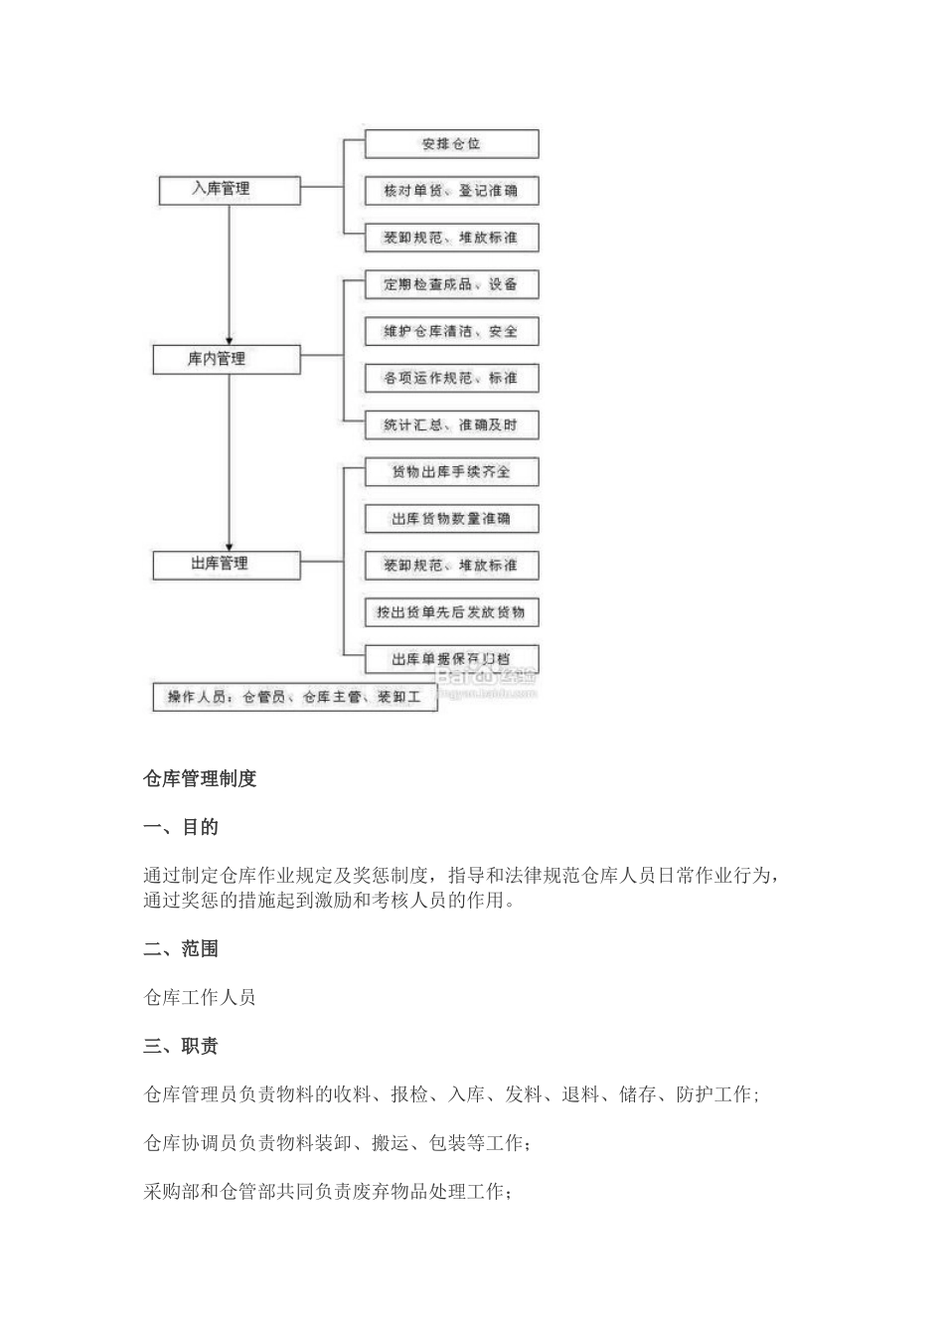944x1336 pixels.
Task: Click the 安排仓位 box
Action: point(451,143)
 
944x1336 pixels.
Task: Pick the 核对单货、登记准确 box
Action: point(451,190)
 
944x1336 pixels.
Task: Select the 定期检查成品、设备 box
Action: point(451,284)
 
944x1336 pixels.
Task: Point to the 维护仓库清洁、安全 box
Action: point(451,331)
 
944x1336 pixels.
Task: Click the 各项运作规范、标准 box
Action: point(451,378)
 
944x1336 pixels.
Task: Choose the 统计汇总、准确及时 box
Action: point(451,424)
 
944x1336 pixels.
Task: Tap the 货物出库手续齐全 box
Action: point(451,471)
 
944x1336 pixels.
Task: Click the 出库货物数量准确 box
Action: point(451,518)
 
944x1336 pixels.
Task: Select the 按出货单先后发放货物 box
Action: point(451,611)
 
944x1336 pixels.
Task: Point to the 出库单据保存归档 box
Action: point(451,658)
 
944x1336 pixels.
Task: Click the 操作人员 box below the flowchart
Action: point(295,697)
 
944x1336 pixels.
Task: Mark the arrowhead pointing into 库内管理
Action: point(230,339)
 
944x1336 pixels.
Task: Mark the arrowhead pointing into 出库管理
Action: point(230,545)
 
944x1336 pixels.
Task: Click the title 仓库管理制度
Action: point(201,779)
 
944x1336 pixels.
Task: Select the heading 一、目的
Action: point(181,827)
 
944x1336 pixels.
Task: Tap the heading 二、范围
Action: point(181,949)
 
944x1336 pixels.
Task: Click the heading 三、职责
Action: point(181,1047)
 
